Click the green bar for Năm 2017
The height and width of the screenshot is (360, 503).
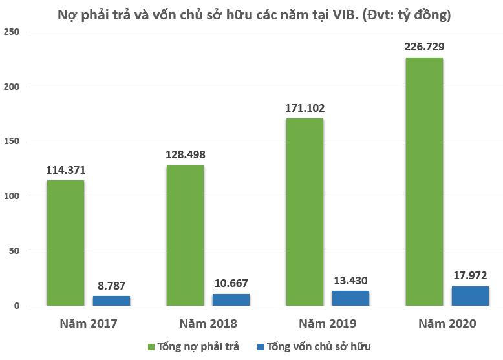(x=65, y=242)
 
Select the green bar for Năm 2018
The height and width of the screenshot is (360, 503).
(x=185, y=235)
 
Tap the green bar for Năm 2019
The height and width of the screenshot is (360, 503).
(x=305, y=211)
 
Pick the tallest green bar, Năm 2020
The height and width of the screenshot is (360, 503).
(x=424, y=181)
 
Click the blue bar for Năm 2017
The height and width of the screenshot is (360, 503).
(x=111, y=301)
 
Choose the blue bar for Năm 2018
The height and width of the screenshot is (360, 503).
(x=231, y=300)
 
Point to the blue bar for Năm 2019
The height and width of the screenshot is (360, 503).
(x=351, y=298)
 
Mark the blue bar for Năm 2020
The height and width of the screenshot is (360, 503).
(x=471, y=295)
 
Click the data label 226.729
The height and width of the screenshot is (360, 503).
(x=424, y=47)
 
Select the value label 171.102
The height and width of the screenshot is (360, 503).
(x=305, y=107)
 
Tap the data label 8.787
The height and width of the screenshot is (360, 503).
(x=111, y=285)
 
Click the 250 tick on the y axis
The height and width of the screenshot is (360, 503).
(x=12, y=32)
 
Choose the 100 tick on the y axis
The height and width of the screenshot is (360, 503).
(x=12, y=196)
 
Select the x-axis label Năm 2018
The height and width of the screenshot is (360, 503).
(x=208, y=323)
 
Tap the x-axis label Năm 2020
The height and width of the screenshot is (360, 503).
(x=447, y=323)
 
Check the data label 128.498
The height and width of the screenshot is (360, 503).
(x=185, y=154)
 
